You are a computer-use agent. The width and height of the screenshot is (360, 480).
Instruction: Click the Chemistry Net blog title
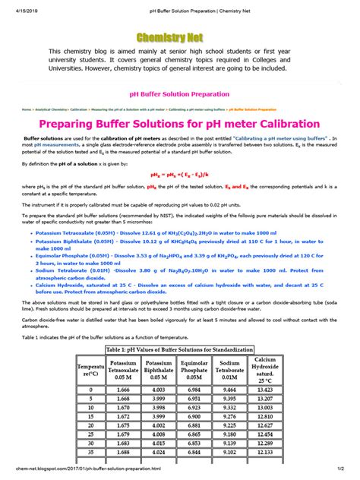click(180, 37)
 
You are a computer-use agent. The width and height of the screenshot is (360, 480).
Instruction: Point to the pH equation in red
click(180, 174)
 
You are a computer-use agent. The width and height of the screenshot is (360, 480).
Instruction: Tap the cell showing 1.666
click(123, 389)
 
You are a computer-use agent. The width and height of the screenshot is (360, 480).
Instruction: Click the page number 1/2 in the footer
click(351, 475)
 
